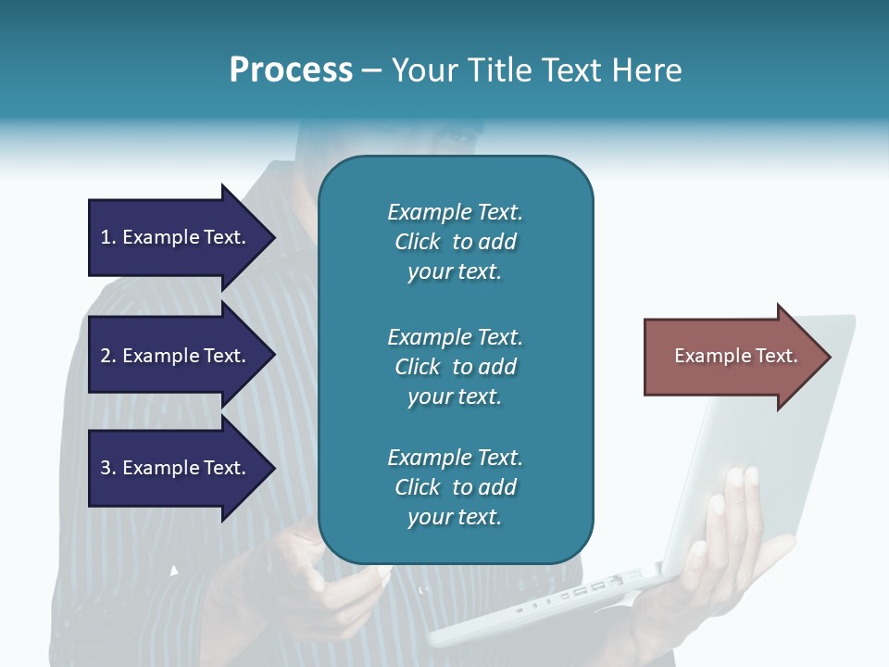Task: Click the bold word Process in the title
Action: (291, 70)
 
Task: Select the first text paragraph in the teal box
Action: (455, 242)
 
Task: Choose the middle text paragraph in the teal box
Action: (455, 367)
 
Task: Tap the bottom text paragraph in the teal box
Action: (455, 487)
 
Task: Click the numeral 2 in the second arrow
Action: (106, 356)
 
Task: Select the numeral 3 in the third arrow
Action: (106, 468)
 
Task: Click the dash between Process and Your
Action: (371, 70)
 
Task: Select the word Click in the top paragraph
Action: (418, 242)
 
